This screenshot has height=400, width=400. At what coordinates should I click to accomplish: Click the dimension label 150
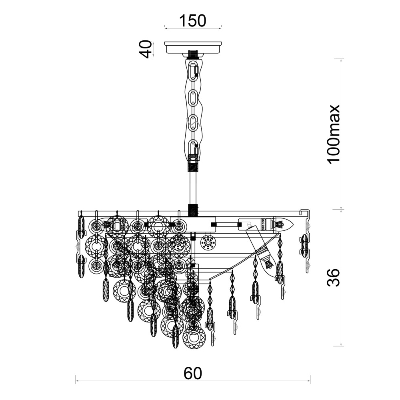pos(193,21)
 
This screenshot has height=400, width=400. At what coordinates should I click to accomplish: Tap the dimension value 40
pos(146,49)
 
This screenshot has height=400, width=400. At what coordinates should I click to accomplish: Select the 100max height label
pos(334,134)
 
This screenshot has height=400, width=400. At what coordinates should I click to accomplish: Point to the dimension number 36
pos(334,277)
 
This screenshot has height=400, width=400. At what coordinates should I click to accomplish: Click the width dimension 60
pos(193,374)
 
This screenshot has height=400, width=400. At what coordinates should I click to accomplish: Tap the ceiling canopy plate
pos(193,48)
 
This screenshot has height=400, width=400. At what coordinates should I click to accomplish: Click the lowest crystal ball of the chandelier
pos(194,338)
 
